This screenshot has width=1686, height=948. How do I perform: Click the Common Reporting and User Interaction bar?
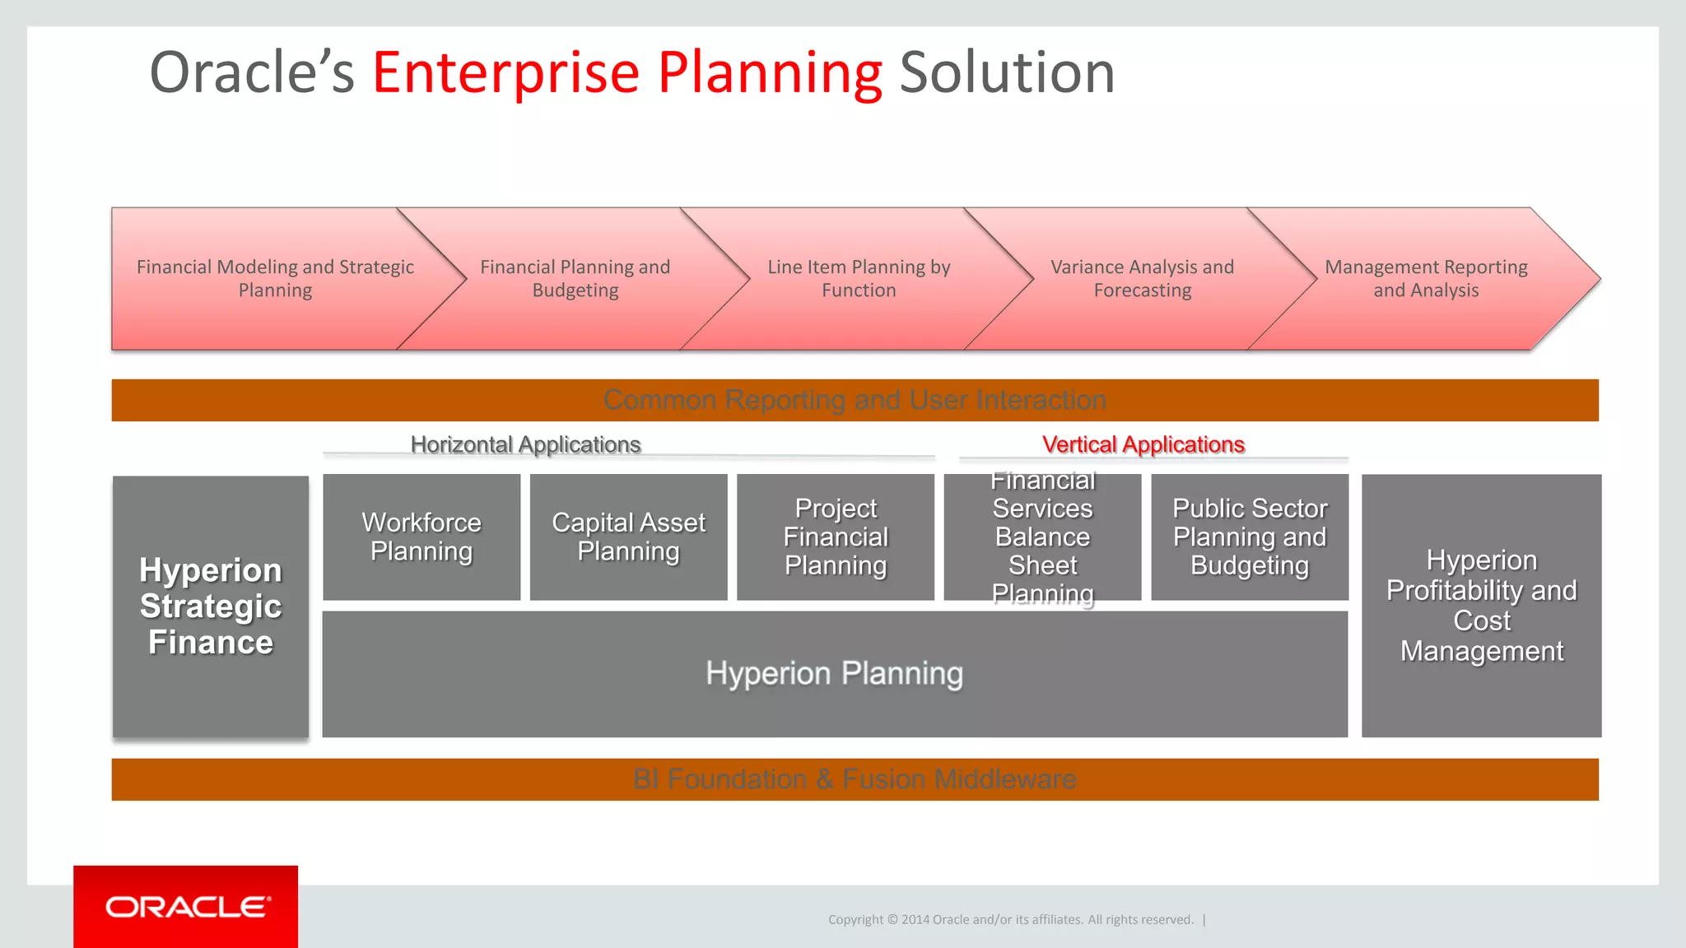click(x=855, y=400)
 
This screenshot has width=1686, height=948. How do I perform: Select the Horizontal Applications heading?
click(x=525, y=444)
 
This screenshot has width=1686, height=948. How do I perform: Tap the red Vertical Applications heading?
click(x=1143, y=444)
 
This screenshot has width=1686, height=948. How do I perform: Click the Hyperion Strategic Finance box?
click(x=211, y=606)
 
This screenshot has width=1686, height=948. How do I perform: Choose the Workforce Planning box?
click(x=421, y=537)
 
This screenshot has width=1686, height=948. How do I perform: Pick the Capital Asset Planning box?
click(x=628, y=537)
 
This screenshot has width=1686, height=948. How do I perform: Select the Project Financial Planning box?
click(x=836, y=537)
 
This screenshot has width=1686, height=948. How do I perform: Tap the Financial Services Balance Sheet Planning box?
click(x=1042, y=537)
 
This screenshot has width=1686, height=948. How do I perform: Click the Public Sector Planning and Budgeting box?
click(x=1250, y=537)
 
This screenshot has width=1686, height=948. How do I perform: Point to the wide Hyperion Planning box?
click(x=834, y=674)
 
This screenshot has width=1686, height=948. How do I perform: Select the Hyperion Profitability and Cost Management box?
click(x=1481, y=606)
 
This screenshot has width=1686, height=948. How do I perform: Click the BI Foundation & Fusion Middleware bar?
click(x=855, y=779)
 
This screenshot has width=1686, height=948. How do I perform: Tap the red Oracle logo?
click(x=186, y=907)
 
